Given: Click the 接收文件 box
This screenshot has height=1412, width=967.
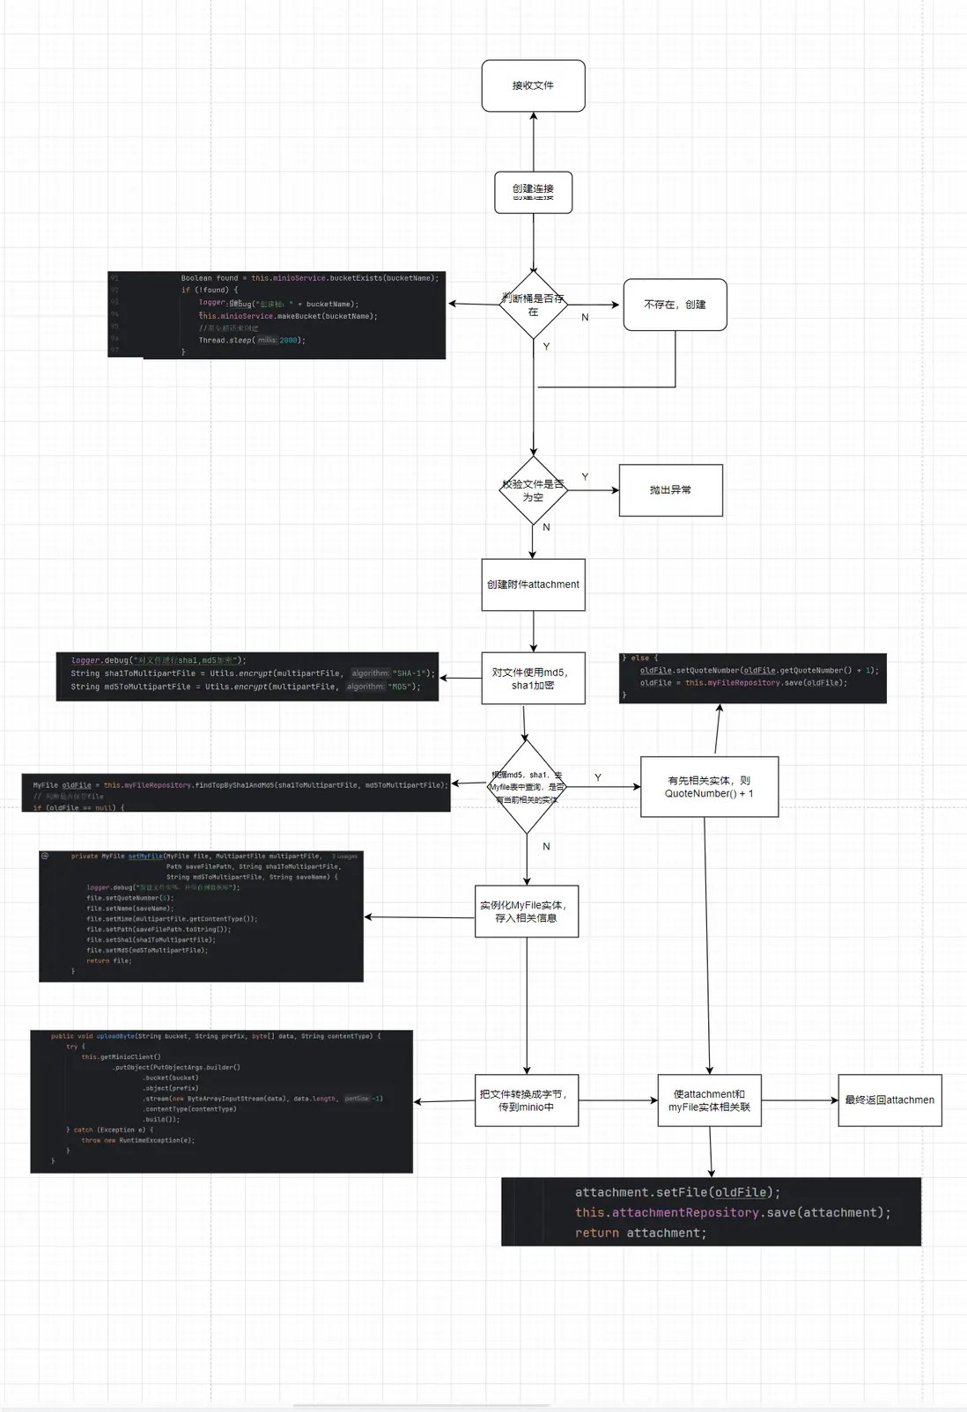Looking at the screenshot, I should pos(533,85).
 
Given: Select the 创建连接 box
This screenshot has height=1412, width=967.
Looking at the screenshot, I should pos(533,192).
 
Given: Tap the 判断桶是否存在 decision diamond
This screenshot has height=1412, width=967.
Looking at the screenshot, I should pos(533,305).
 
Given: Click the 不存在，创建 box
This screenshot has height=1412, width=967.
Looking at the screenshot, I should pos(675,305).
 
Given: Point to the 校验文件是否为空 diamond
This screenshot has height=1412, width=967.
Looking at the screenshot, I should pos(533,490).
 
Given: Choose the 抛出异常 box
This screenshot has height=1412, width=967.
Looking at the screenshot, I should pos(670,490).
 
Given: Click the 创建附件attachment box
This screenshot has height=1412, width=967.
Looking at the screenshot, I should pos(533,585).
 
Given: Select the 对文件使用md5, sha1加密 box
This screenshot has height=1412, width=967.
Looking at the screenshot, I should pos(533,679).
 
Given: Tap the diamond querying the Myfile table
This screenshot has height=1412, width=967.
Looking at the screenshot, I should pos(527,787).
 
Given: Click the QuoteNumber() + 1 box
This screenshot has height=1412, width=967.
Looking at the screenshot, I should pos(709,787).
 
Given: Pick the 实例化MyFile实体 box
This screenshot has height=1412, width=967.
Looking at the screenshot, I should pos(527,911).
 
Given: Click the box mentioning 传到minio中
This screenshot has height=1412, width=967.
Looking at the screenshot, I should pos(527,1100).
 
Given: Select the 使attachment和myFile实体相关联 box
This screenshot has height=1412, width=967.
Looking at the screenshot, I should pos(709,1100).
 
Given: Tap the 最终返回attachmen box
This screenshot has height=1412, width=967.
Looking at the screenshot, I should pos(889,1100).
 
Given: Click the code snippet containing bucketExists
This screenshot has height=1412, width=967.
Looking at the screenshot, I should pos(277,315).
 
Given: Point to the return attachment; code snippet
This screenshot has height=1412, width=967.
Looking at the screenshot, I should pos(711,1212).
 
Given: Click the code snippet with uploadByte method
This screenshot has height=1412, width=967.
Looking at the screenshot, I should pos(221,1101).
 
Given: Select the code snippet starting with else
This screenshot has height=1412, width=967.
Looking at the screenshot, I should pos(752,678).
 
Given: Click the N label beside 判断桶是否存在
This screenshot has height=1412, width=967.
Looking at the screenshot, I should pos(585,317).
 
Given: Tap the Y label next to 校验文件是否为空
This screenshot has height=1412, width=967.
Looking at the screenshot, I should pos(585,476).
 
